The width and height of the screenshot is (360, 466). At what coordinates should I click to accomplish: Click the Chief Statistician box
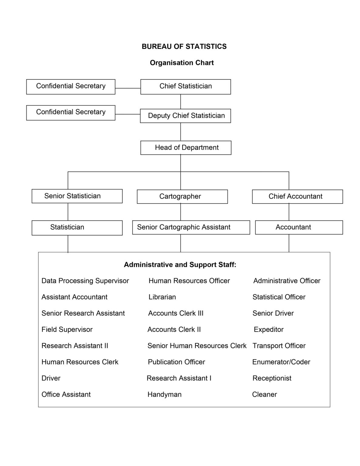point(185,86)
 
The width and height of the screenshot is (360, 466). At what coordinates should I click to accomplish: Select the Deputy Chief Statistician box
point(185,116)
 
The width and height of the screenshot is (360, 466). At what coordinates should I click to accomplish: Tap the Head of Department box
point(186,147)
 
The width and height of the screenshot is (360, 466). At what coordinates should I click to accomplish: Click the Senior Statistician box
point(77,196)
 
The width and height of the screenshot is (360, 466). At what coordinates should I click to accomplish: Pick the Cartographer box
point(182,196)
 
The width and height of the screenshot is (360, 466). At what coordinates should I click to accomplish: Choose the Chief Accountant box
point(297,196)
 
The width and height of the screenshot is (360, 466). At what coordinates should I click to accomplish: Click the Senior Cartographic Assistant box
point(191,227)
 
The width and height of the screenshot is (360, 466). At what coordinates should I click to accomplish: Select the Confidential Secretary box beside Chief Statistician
point(71,86)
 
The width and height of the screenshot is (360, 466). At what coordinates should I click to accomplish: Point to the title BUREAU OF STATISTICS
point(184,46)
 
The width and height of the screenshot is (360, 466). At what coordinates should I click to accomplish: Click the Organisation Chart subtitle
point(182,63)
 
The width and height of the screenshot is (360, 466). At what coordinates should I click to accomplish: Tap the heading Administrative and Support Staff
point(180,265)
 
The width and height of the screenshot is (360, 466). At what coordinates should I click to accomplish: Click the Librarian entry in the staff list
point(162,297)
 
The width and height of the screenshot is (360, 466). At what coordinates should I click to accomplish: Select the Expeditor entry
point(268,329)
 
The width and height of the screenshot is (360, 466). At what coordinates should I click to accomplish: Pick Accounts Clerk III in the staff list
point(176,313)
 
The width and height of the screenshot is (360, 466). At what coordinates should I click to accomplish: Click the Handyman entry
point(164,394)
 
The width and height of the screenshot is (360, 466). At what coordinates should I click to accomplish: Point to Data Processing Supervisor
point(85,281)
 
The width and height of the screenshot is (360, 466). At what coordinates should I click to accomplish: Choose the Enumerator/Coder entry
point(281,362)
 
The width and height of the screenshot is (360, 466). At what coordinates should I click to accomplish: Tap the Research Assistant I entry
point(179,378)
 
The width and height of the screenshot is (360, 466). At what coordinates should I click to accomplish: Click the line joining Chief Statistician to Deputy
point(180,102)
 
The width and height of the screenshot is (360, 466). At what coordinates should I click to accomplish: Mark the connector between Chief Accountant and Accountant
point(289,212)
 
